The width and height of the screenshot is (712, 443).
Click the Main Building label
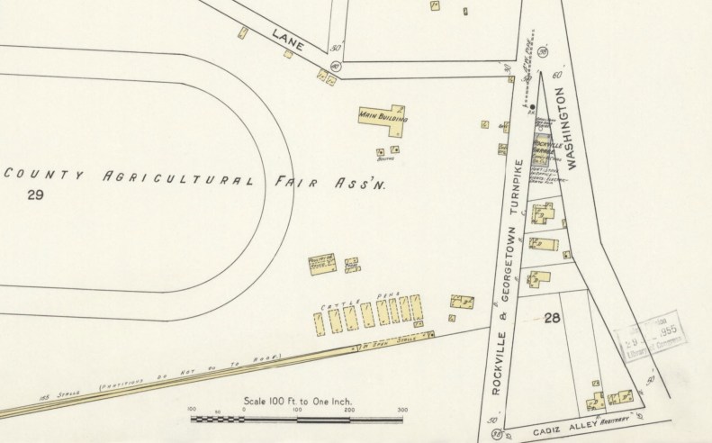click(x=383, y=117)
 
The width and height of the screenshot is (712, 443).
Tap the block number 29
click(x=35, y=195)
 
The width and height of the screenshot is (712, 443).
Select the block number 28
click(x=553, y=318)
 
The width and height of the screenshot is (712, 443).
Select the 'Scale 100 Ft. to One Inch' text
click(x=297, y=400)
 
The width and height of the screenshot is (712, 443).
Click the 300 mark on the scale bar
click(x=401, y=410)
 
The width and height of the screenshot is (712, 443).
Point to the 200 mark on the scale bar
click(x=348, y=410)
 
